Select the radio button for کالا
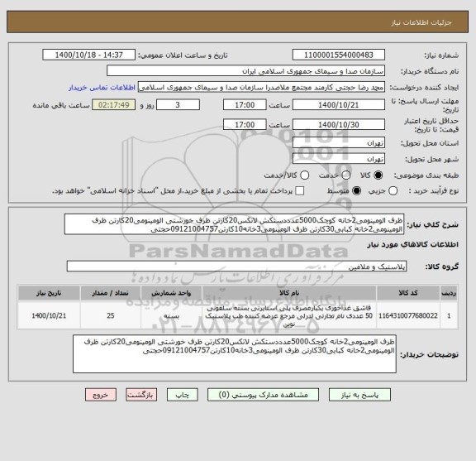coord(379,175)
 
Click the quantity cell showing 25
coord(111,315)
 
